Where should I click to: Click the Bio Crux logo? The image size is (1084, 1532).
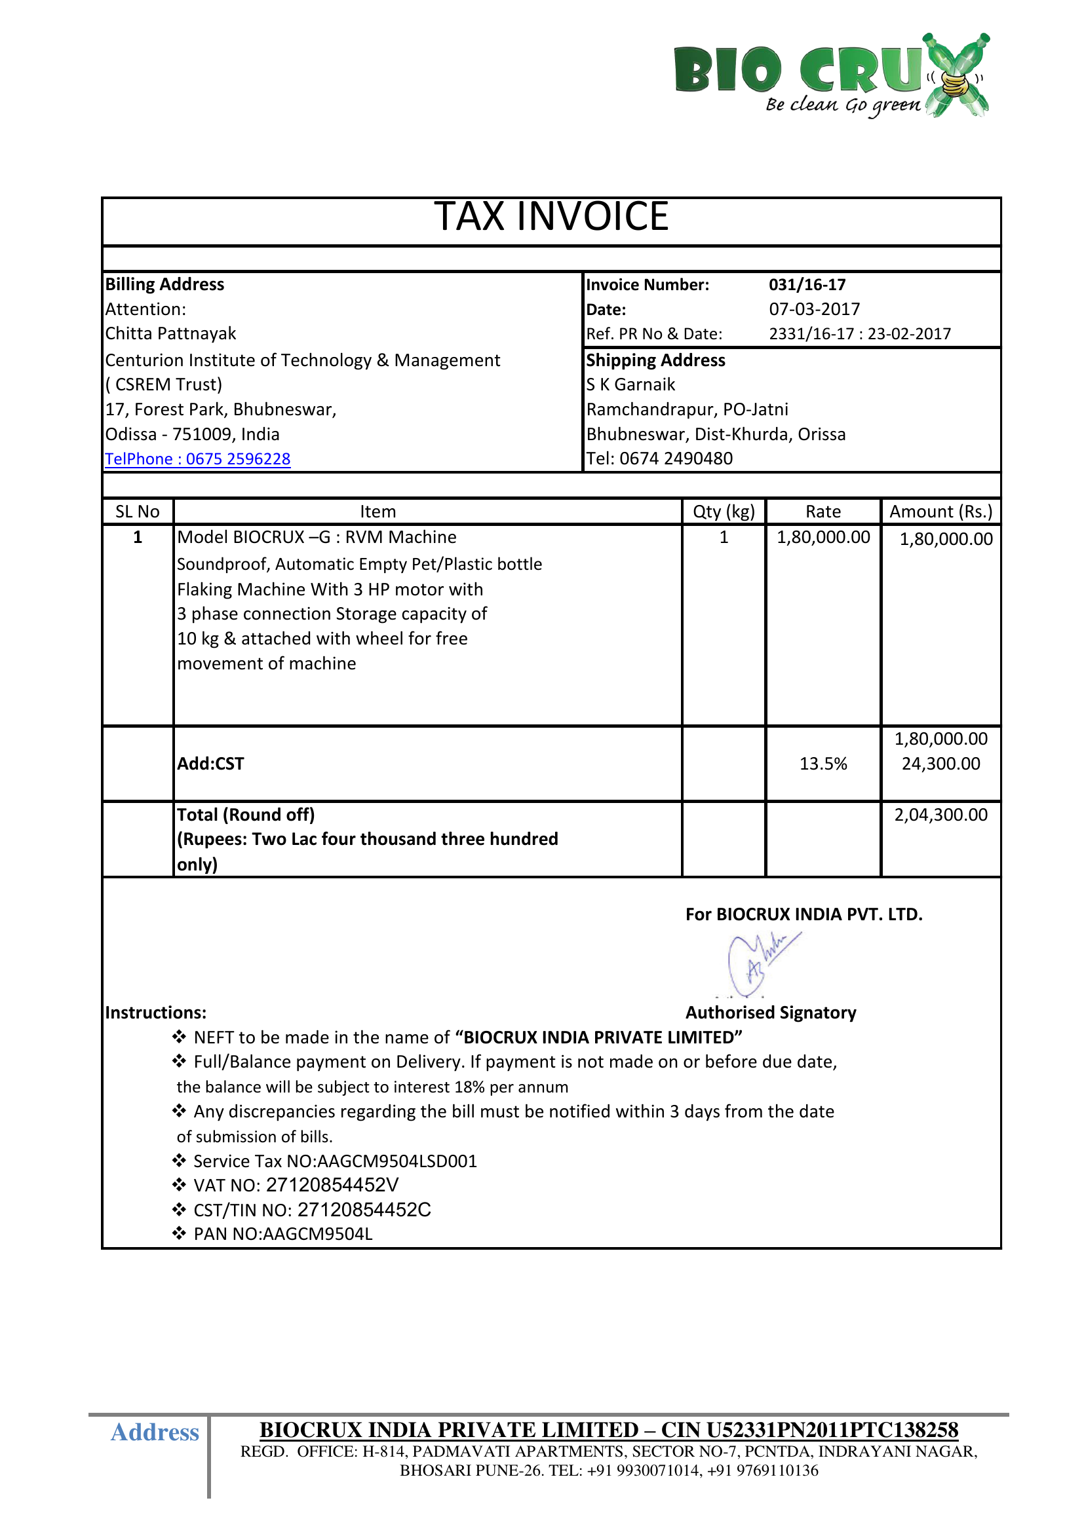[x=831, y=75]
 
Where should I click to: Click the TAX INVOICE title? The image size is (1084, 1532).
[x=551, y=217]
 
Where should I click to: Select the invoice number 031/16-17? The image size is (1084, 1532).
[x=807, y=285]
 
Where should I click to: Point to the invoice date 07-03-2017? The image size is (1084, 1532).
[x=814, y=309]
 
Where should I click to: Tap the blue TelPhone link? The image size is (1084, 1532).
[x=197, y=459]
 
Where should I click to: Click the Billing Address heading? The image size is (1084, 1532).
[x=165, y=284]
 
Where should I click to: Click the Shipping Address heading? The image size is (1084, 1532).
[x=655, y=360]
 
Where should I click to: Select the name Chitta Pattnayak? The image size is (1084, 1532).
[x=171, y=333]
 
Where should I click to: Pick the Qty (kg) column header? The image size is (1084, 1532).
[x=724, y=512]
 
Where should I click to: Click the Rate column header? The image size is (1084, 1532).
[x=823, y=512]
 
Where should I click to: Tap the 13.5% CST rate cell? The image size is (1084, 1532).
[x=823, y=764]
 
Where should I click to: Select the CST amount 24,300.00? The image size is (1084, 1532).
[x=940, y=764]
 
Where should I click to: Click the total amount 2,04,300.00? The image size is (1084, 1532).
[x=940, y=815]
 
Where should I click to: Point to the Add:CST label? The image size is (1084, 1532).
[x=210, y=764]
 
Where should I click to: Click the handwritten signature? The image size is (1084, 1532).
[x=761, y=961]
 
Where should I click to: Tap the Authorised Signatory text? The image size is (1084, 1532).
[x=770, y=1013]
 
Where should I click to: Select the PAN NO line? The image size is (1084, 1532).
[x=282, y=1234]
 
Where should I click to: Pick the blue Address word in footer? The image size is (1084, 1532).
[x=155, y=1432]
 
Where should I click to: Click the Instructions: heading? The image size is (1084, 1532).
[x=155, y=1013]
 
